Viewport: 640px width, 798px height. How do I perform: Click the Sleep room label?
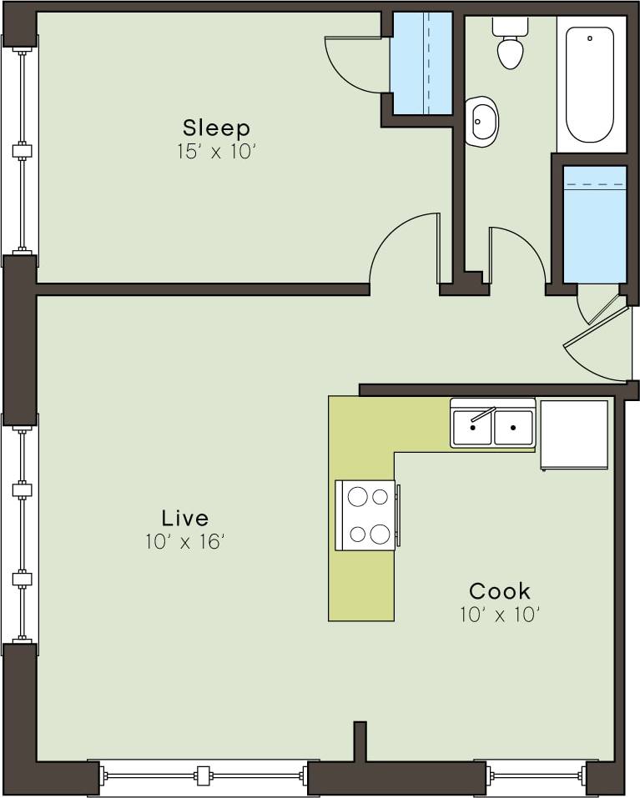[216, 128]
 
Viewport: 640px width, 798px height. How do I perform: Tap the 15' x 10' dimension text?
[216, 153]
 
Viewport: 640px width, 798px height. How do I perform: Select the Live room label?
[185, 517]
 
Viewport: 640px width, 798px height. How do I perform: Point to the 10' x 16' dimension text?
[185, 542]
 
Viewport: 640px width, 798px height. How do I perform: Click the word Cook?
[499, 591]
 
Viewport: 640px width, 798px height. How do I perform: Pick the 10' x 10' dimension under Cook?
[499, 615]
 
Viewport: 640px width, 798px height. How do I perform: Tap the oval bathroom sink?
[481, 121]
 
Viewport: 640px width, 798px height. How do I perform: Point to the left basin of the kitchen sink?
[472, 427]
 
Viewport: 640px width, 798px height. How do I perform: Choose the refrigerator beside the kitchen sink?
[574, 434]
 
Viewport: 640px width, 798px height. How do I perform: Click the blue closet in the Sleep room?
[422, 64]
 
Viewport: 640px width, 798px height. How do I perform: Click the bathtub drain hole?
[589, 38]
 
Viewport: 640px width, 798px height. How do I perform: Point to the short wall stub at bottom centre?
[360, 740]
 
